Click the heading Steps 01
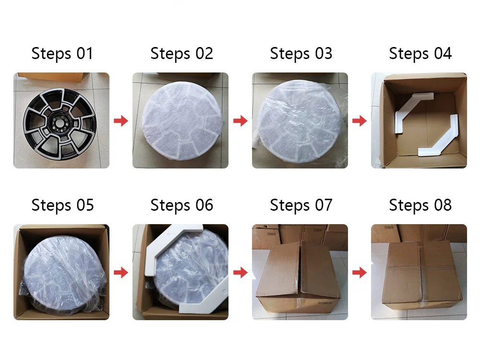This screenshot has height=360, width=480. [62, 54]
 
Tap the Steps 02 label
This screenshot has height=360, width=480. [181, 54]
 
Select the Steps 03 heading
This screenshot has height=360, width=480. [301, 54]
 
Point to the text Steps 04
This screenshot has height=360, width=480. [420, 54]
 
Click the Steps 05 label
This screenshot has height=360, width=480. [62, 205]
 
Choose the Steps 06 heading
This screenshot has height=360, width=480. [181, 205]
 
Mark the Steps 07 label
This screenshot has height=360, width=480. [301, 205]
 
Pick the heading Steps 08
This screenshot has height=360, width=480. [420, 205]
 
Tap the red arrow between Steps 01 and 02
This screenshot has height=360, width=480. [121, 120]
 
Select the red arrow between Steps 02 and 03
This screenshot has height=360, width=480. [240, 120]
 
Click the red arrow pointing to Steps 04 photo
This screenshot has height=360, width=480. [360, 120]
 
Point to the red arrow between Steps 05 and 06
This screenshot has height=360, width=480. [121, 272]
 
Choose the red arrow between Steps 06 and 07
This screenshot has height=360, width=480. [240, 272]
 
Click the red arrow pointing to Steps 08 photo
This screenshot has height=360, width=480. [360, 272]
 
